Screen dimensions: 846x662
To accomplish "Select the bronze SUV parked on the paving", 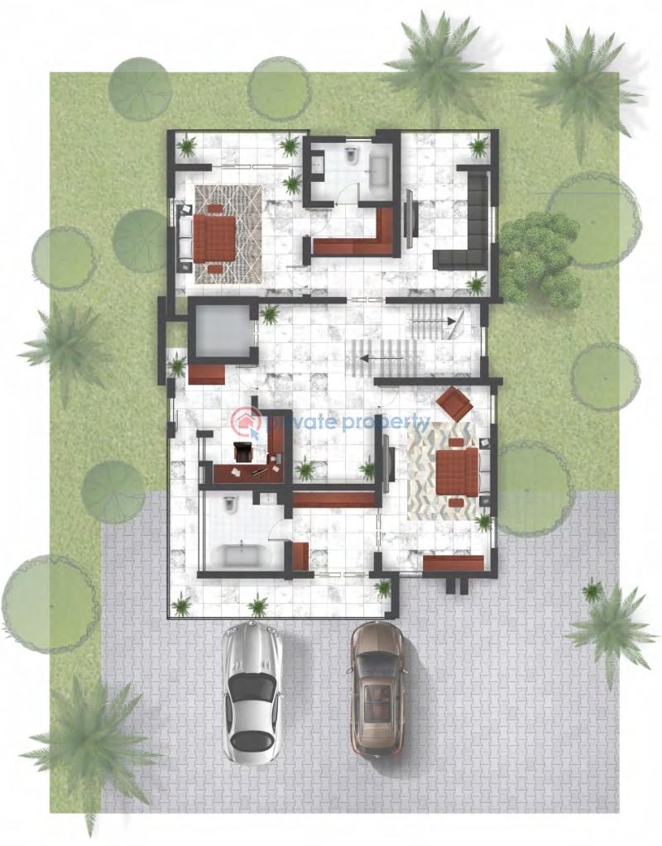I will click(378, 688).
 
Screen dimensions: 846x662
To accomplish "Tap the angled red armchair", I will click(454, 404).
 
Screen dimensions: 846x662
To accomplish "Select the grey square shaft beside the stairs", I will click(219, 329).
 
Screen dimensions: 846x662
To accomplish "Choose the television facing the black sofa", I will click(409, 219).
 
